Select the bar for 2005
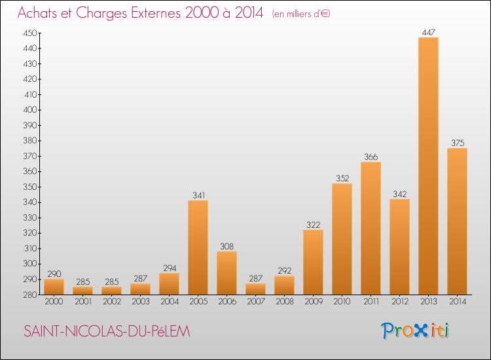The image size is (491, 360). [x=198, y=247]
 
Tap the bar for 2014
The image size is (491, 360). [x=457, y=221]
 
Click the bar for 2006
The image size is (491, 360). [x=227, y=273]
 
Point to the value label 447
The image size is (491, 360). [x=428, y=31]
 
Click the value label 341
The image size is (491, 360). [x=198, y=195]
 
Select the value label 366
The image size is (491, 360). [x=371, y=156]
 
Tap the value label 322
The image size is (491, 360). [x=313, y=225]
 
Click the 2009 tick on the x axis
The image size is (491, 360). [x=313, y=302]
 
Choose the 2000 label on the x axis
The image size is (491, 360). [x=54, y=302]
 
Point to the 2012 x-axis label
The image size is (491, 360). [x=399, y=302]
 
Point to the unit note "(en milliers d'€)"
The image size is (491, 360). [x=300, y=14]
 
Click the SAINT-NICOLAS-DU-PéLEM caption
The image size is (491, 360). [x=106, y=332]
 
